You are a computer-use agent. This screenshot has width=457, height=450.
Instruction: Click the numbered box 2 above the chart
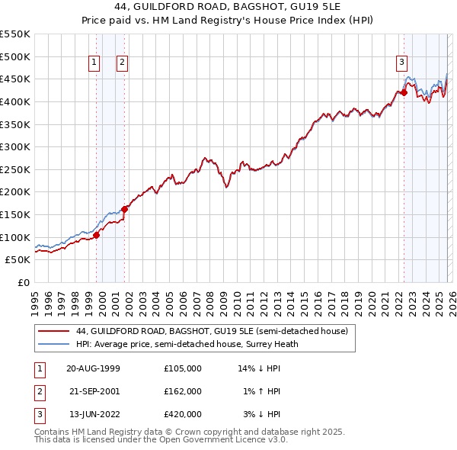click(x=122, y=63)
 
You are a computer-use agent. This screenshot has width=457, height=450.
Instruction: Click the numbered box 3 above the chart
click(x=401, y=63)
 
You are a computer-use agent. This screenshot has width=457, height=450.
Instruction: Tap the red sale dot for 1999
click(x=97, y=235)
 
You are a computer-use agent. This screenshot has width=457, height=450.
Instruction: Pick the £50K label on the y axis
click(x=18, y=259)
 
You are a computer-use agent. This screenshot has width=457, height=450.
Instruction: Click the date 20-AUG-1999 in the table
click(x=93, y=368)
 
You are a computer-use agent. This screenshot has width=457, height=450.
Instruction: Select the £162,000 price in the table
click(x=182, y=391)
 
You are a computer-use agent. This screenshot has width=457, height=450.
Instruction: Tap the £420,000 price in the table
click(x=182, y=414)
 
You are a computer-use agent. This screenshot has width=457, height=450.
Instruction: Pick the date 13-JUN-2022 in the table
click(x=93, y=414)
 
